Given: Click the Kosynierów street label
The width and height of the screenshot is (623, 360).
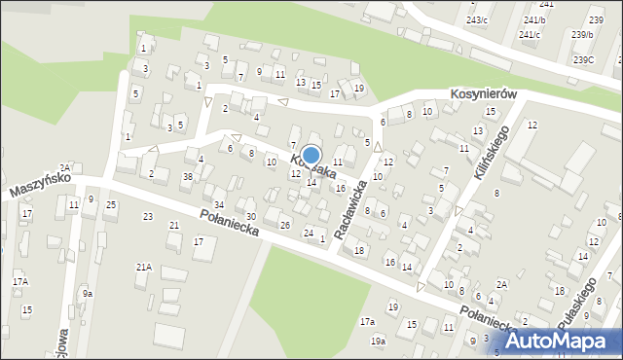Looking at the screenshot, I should pos(483,94).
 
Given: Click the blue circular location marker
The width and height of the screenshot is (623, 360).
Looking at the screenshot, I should pos(311,156).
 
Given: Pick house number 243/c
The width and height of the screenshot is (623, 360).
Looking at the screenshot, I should pos(477,19).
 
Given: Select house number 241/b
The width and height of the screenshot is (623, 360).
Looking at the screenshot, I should pos(534,19).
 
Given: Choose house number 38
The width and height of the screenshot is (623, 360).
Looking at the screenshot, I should pos(187,176).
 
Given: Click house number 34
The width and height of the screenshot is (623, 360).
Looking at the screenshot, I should pos(219,204).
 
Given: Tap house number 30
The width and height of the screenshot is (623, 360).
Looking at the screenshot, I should pos(250,216).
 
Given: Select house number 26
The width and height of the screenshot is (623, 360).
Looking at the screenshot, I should pos(285,225).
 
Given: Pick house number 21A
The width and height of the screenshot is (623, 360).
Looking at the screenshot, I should pos(143,267).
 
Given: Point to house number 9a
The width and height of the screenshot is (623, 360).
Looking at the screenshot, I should pos(88,293).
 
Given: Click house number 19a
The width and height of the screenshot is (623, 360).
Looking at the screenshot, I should pos(378,341).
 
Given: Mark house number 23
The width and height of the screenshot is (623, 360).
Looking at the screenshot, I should pos(148,216).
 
